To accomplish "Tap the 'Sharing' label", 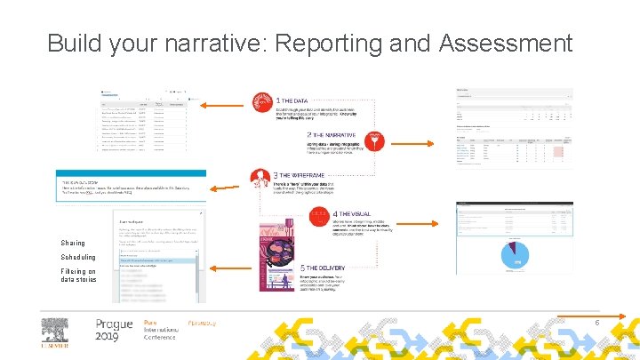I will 73,243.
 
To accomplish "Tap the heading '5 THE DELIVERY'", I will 309,268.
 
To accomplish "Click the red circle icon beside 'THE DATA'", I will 260,104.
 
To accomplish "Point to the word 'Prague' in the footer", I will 114,324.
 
